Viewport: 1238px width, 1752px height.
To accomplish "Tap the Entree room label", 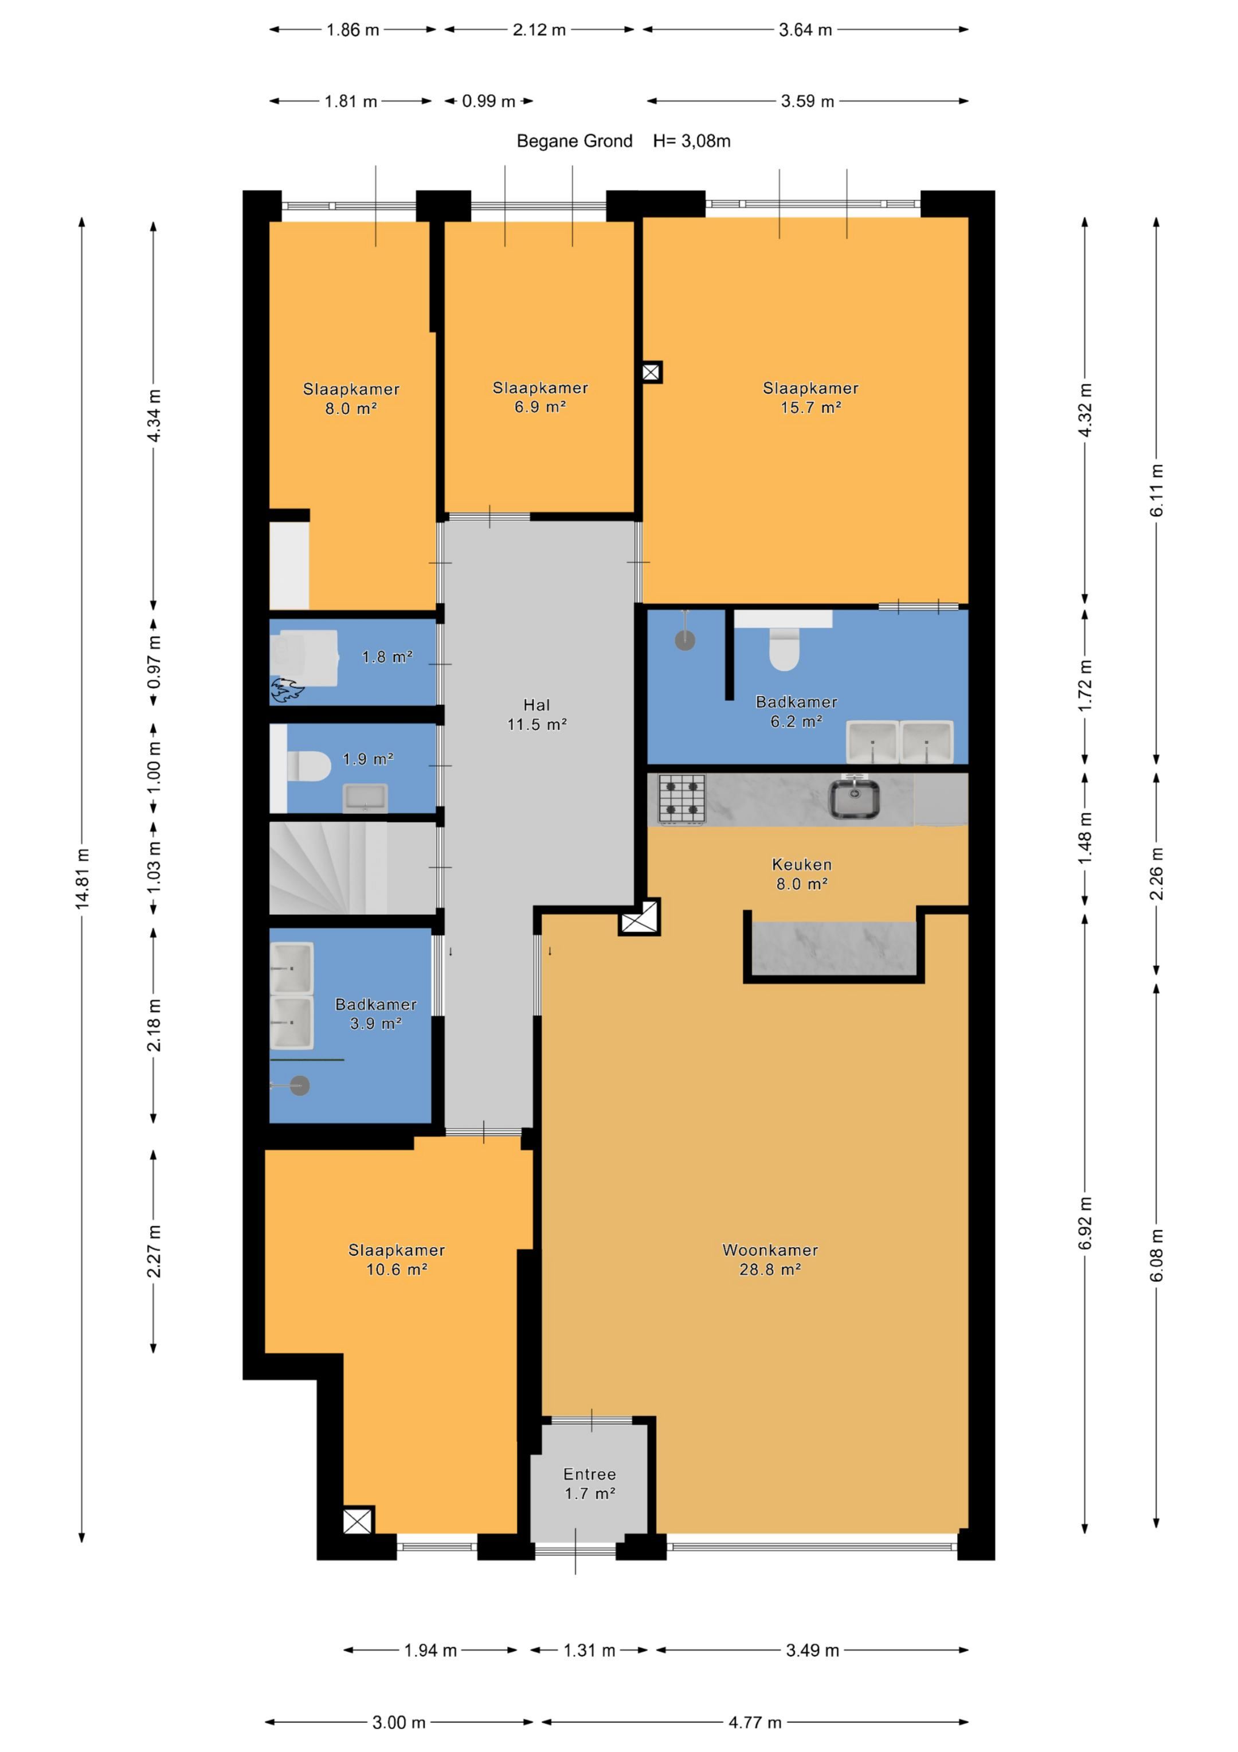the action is click(590, 1474).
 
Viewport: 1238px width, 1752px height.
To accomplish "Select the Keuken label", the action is click(802, 865).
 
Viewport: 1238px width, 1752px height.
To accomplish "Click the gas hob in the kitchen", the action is click(682, 798).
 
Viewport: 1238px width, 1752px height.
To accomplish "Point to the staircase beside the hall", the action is click(352, 867).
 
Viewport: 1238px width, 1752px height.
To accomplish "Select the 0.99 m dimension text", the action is click(488, 101).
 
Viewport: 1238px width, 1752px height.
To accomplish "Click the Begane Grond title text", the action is click(574, 141).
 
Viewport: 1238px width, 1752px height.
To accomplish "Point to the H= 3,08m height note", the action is click(692, 141).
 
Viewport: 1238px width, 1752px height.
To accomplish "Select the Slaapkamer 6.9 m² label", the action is click(540, 397).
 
